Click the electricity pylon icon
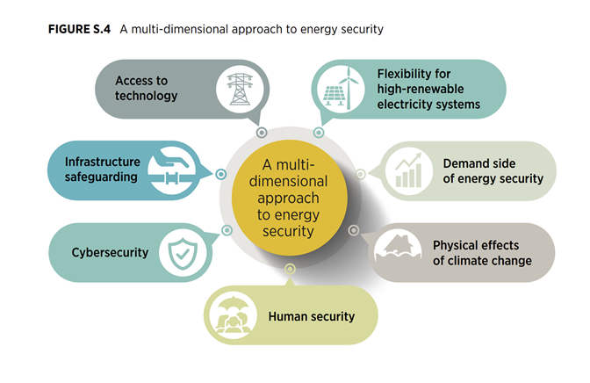click(x=240, y=90)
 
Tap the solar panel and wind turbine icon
click(x=341, y=89)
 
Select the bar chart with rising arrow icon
click(x=408, y=170)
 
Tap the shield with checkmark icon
click(x=183, y=253)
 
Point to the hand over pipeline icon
click(x=172, y=170)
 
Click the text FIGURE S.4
click(x=79, y=29)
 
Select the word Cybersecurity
click(x=110, y=252)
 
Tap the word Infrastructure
click(x=103, y=162)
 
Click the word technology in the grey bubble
click(x=146, y=96)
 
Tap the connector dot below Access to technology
click(x=262, y=133)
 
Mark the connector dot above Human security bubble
click(x=290, y=269)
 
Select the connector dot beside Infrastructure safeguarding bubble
click(x=221, y=174)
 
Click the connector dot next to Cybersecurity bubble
click(x=227, y=230)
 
